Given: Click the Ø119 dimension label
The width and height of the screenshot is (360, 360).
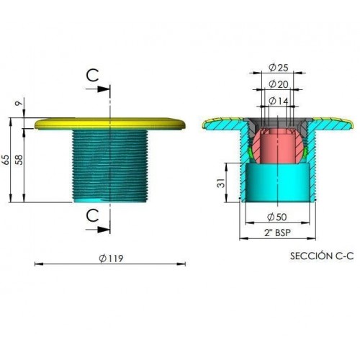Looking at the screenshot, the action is click(x=111, y=258).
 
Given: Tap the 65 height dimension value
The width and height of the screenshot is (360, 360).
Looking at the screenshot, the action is click(x=6, y=160).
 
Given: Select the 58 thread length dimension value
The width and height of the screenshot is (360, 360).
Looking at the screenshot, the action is click(x=19, y=160).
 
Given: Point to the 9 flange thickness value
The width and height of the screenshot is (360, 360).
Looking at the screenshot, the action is click(x=19, y=104).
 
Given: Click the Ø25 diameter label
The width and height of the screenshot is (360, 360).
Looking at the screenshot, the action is click(x=278, y=68).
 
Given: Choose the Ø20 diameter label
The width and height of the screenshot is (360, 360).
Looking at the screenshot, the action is click(x=279, y=84).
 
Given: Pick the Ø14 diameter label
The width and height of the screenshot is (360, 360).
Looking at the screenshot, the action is click(x=279, y=101).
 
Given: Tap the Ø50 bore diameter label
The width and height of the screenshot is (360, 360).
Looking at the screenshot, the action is click(x=276, y=217).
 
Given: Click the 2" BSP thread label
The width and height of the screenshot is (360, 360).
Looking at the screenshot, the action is click(x=277, y=233).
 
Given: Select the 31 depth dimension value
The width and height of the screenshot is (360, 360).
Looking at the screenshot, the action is click(x=221, y=183).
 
